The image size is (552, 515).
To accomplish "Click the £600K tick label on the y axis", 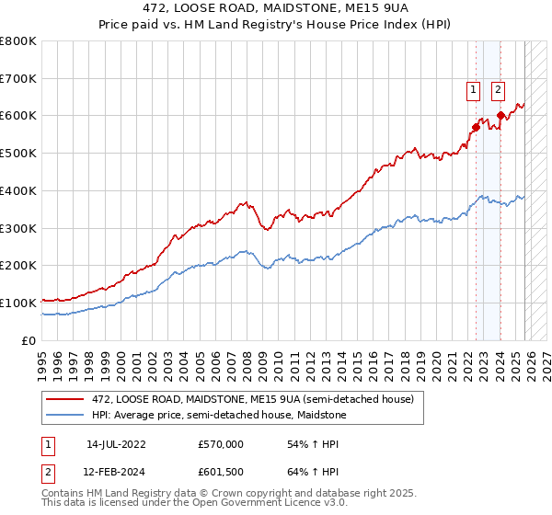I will pos(18,116).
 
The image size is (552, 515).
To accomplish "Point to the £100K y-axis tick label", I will pos(18,303).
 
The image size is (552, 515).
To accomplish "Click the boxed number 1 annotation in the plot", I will pos(473,90).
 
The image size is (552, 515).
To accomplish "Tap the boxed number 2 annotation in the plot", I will pos(498,90).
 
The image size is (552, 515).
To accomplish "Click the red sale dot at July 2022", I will pos(476,127).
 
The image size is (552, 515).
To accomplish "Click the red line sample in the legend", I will pos(66,399).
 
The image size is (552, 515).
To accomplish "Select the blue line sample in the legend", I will pos(66,415).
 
